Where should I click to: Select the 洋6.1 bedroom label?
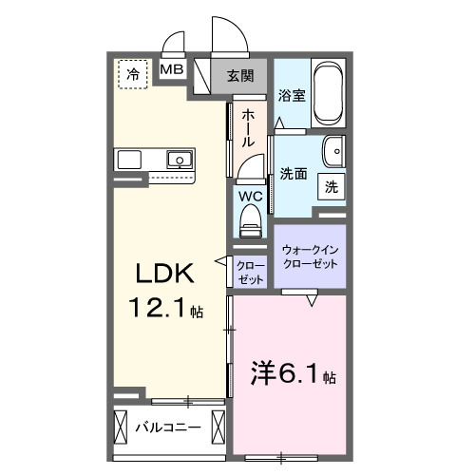click(291, 372)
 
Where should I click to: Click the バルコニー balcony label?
click(167, 427)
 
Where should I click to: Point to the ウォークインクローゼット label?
click(310, 256)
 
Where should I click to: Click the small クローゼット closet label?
click(251, 273)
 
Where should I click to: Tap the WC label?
click(250, 197)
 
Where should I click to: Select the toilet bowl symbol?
click(251, 219)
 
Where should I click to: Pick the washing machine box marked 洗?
click(331, 187)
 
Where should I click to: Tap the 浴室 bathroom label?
click(291, 96)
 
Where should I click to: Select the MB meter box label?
click(172, 69)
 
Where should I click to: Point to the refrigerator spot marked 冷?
click(133, 73)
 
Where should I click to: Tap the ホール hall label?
click(248, 126)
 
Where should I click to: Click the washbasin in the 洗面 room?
click(332, 152)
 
